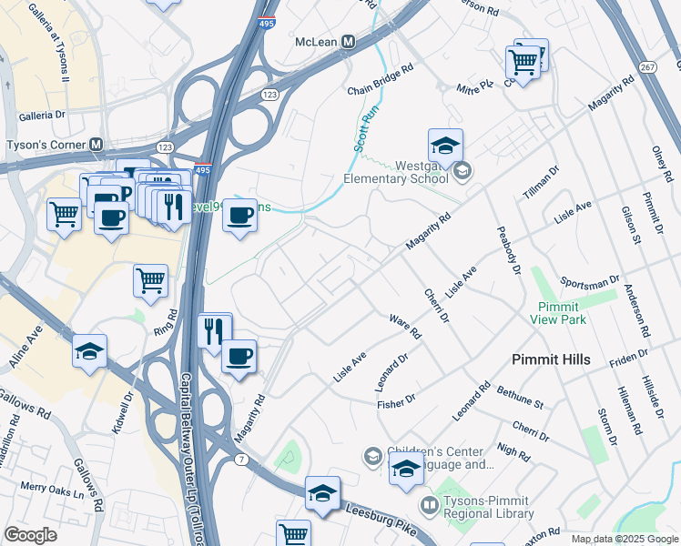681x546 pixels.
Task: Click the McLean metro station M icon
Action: click(348, 42)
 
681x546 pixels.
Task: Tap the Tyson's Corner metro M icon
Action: click(97, 145)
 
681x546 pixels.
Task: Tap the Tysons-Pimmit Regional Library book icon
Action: click(428, 503)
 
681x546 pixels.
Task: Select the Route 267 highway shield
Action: click(647, 67)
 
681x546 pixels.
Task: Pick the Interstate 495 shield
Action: click(203, 170)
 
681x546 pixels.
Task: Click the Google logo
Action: click(31, 535)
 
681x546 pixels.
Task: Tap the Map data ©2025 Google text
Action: click(624, 540)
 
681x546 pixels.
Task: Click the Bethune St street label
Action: click(520, 397)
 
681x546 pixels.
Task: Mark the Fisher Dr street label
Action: click(396, 399)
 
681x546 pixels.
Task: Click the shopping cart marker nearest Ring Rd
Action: click(150, 280)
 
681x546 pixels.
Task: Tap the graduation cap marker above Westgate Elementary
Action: click(445, 145)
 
